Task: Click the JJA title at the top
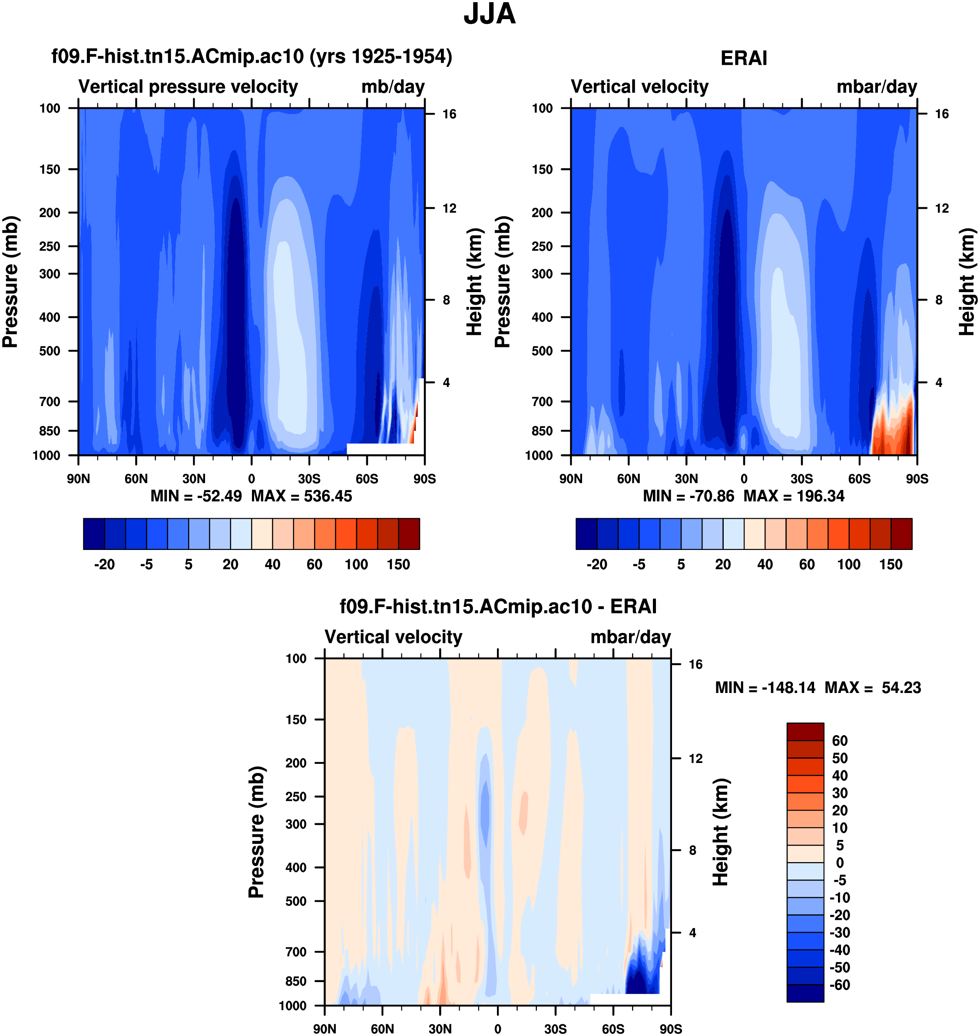(x=490, y=14)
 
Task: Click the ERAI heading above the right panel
(x=743, y=58)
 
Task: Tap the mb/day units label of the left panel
(x=393, y=87)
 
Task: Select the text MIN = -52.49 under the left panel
(x=196, y=496)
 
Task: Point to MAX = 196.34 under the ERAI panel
(x=794, y=496)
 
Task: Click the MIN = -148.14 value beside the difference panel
(x=765, y=687)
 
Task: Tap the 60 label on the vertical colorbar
(x=840, y=741)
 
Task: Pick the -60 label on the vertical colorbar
(x=840, y=985)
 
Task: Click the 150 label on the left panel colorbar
(x=398, y=565)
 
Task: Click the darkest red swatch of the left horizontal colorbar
(x=409, y=534)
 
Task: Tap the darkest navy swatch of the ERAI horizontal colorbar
(x=586, y=534)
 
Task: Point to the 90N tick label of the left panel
(x=78, y=479)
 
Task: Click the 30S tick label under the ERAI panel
(x=801, y=479)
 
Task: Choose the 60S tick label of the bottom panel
(x=613, y=1029)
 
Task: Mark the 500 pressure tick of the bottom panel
(x=296, y=901)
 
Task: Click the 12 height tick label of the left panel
(x=449, y=209)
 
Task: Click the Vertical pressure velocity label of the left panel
(x=188, y=87)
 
